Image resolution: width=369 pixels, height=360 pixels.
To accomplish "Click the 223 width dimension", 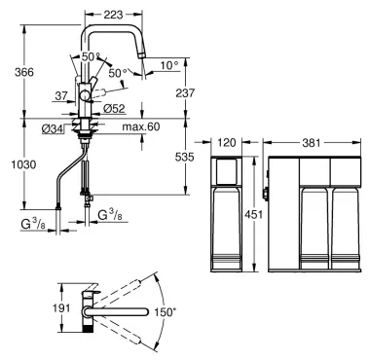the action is coord(113,15).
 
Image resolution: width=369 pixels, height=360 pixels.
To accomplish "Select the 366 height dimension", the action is coord(24,72).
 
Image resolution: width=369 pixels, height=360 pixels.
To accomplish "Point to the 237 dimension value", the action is coord(185,92).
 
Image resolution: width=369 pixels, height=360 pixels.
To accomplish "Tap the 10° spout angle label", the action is coord(169,65).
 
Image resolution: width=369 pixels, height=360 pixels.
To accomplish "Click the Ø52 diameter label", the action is coord(114,109).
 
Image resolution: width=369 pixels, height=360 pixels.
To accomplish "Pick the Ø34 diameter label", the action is coord(53,129).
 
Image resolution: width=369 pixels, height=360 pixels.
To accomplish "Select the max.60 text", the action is coord(141,126).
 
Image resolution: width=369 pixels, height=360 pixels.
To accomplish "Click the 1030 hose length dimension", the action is coord(23,164).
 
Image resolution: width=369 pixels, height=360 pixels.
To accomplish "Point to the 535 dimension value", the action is coord(184,158).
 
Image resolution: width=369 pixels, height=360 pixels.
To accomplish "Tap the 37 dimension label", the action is coord(61,96).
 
